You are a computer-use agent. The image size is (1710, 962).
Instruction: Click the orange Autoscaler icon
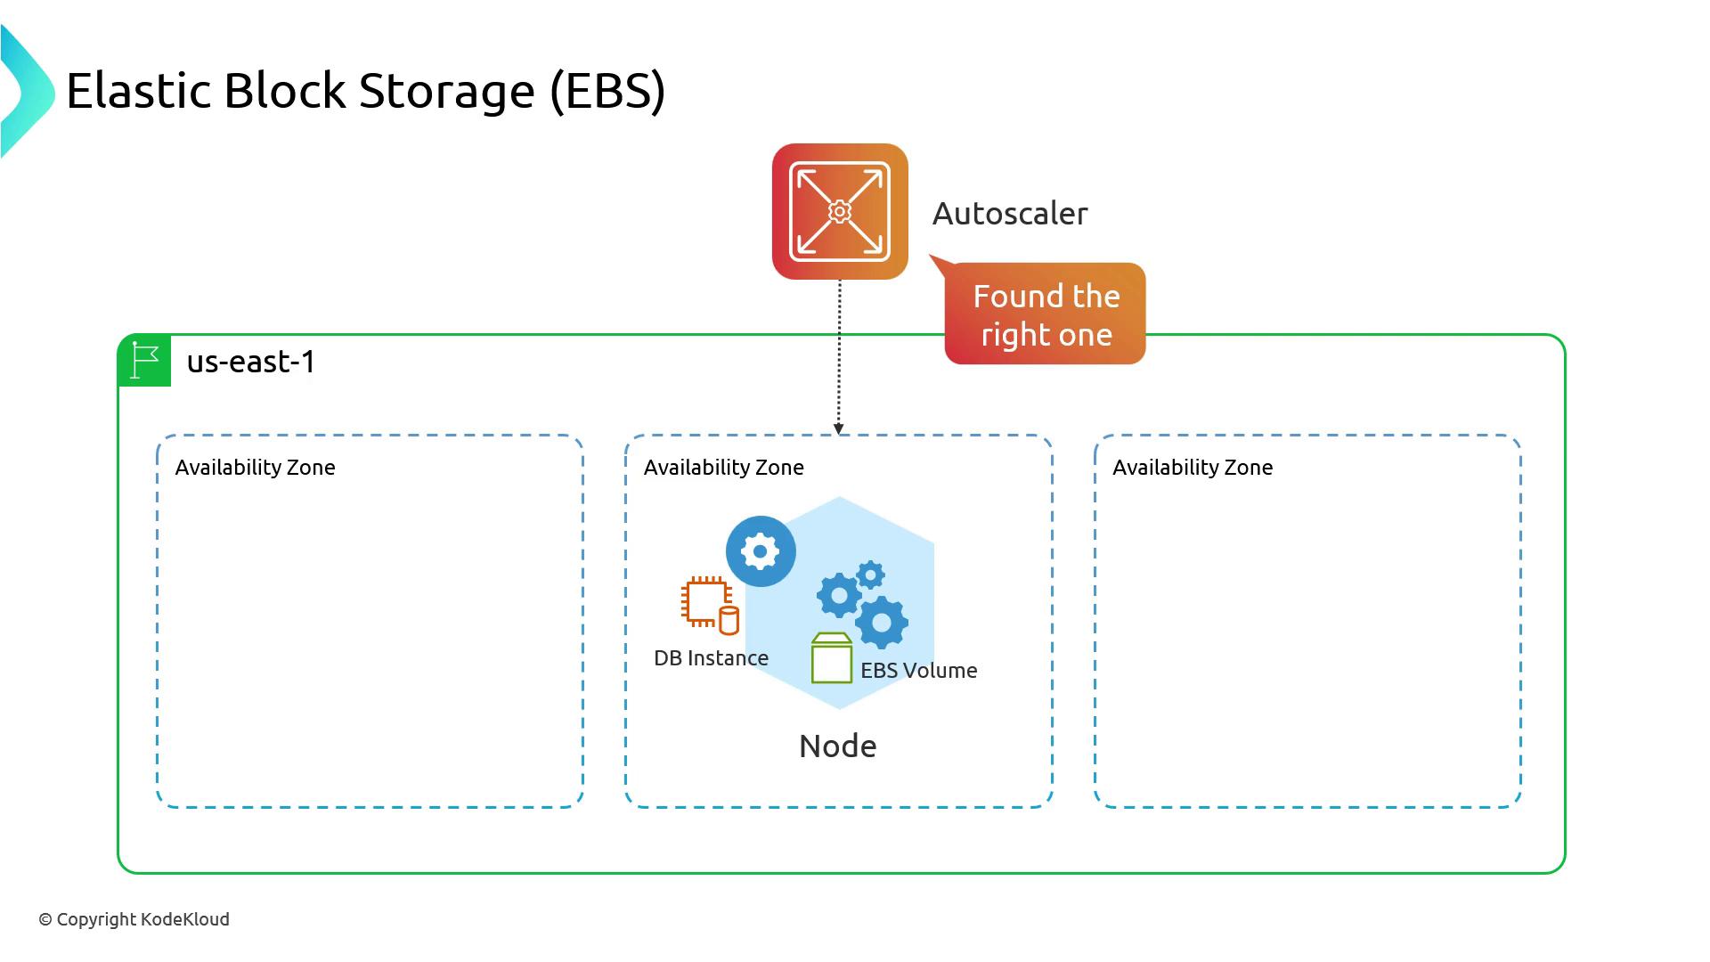840,211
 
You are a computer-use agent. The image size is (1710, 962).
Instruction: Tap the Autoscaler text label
1010,214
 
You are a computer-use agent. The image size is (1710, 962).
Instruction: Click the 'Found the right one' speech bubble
1045,314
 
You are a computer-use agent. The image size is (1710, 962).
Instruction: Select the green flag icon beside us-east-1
144,361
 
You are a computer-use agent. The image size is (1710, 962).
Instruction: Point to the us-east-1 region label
251,362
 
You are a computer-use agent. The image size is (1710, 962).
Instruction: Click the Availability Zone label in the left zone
255,468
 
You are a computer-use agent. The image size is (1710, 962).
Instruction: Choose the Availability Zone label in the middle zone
723,468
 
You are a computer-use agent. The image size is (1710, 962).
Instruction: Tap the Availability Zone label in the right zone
1192,468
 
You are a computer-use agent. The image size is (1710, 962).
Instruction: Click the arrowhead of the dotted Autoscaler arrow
838,429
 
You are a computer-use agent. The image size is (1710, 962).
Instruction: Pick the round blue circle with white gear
761,551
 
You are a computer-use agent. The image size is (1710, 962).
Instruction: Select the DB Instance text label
711,658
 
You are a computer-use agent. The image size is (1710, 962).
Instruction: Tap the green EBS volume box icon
832,659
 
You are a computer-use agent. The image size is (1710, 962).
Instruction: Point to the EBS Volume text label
918,671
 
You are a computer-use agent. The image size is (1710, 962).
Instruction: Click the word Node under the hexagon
837,746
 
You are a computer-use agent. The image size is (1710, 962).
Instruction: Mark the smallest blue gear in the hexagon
870,575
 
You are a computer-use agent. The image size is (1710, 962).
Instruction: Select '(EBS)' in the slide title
607,91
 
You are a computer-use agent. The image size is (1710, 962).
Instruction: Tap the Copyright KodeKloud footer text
134,919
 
